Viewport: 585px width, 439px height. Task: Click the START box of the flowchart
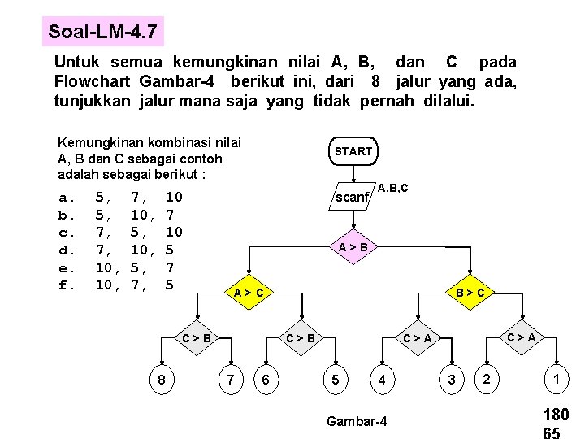tap(353, 151)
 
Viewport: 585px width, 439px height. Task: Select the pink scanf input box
tap(353, 197)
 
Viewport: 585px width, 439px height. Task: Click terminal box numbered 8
tap(163, 380)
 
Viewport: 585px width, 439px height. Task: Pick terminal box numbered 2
tap(486, 379)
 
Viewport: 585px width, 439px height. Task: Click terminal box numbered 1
tap(556, 379)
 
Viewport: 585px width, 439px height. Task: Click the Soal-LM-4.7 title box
tap(102, 33)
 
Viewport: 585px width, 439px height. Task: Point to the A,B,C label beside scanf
tap(392, 189)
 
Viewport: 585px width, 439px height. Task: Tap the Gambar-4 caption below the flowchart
tap(357, 420)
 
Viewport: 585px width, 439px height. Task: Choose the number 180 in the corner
tap(556, 415)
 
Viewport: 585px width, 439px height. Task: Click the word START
tap(353, 151)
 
